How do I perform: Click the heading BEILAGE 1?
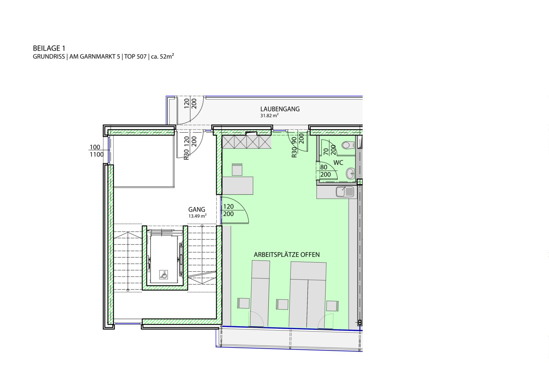[x=49, y=48]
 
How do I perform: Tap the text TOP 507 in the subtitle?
[x=135, y=57]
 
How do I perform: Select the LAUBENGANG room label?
[x=280, y=109]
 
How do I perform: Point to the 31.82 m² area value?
[x=269, y=115]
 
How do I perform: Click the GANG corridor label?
[x=197, y=209]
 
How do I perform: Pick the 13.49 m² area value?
[x=197, y=216]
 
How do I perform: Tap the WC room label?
[x=338, y=163]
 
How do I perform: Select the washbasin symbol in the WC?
[x=350, y=174]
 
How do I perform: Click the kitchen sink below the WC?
[x=345, y=192]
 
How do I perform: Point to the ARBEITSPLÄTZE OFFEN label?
[x=286, y=255]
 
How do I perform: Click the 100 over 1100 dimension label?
[x=96, y=151]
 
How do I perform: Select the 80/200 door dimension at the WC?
[x=325, y=171]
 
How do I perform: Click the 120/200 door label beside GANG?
[x=229, y=210]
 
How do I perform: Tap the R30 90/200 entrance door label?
[x=297, y=145]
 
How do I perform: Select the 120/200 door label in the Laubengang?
[x=190, y=104]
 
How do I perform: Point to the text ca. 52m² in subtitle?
[x=162, y=57]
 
